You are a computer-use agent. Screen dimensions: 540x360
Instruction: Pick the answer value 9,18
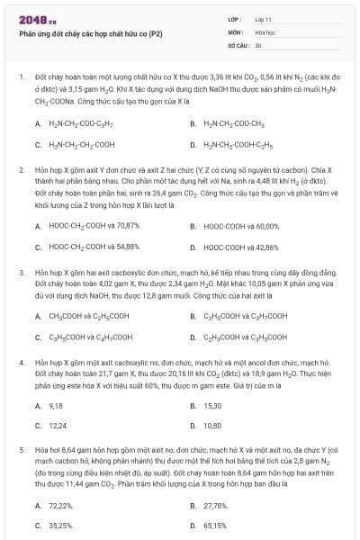coord(55,406)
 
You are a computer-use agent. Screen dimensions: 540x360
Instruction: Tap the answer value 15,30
coord(212,406)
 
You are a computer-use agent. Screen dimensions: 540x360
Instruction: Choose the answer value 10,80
coord(212,426)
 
